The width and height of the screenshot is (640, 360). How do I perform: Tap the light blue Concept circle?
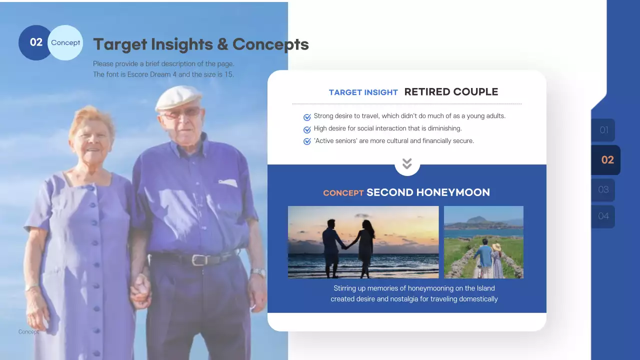pos(66,43)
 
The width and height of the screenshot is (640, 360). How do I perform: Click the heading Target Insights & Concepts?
pos(200,44)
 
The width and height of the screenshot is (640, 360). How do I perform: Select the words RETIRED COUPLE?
pos(451,92)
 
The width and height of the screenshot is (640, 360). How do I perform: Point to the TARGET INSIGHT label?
pos(363,92)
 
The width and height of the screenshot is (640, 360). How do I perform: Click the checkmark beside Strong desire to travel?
pos(307,117)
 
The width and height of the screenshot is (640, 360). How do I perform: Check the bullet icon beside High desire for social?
pos(307,129)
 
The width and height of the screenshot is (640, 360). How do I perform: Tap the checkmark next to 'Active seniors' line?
pos(307,141)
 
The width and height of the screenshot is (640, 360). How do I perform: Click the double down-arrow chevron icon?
pos(407,163)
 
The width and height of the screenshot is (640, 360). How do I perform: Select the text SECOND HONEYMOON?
pos(428,192)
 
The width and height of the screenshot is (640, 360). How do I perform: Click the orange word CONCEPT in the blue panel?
pos(343,193)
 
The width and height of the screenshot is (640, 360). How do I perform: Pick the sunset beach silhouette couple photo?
pos(363,242)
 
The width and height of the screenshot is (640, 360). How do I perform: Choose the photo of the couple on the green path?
pos(483,242)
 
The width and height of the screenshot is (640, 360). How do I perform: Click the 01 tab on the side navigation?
pos(603,130)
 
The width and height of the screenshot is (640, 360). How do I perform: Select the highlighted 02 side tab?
pos(606,160)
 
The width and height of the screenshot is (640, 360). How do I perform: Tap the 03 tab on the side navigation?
pos(603,189)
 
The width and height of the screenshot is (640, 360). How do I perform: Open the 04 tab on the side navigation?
pos(603,216)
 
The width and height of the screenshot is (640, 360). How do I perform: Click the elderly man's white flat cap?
pos(177,97)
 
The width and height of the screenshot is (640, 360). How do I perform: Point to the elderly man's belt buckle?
pos(199,260)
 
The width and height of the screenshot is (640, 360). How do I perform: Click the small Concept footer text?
pos(28,331)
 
